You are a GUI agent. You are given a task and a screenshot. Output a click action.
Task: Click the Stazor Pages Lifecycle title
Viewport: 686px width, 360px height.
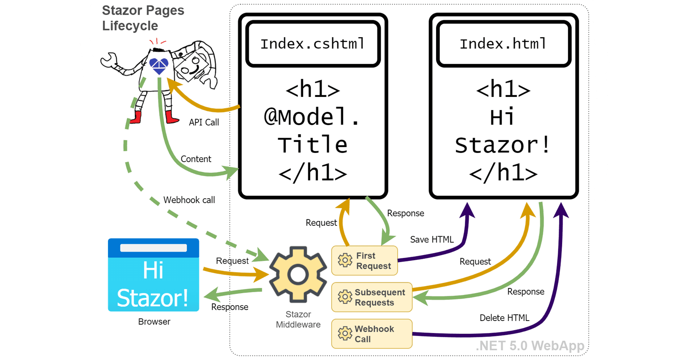143,18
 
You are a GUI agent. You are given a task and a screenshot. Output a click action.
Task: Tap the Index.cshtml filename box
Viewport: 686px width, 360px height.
313,44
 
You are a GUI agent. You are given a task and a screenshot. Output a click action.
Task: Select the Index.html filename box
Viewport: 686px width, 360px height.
503,44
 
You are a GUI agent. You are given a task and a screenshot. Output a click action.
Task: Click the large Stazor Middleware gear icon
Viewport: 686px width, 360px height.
298,274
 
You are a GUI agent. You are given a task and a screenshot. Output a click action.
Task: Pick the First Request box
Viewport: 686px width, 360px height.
364,261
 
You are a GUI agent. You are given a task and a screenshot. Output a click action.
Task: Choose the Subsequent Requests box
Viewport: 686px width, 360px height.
372,297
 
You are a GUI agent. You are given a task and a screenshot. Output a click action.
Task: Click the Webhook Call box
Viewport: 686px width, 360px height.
372,334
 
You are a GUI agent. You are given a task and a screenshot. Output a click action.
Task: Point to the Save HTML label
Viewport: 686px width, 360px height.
432,240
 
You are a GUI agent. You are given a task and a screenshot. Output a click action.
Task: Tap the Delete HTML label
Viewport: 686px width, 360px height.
504,318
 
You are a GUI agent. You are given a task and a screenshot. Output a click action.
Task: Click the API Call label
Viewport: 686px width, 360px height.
204,123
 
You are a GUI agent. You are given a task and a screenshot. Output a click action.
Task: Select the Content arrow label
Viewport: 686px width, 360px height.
196,159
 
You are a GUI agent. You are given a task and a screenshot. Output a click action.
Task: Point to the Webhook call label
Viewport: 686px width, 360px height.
189,200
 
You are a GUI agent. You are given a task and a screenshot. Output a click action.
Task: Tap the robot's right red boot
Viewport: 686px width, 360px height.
171,117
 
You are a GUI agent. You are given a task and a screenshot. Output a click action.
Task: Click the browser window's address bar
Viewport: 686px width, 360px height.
153,248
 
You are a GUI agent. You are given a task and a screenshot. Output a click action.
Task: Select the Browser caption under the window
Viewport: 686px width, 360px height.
154,322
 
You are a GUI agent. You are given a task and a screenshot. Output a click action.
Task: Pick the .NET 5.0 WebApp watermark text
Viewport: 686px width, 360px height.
530,345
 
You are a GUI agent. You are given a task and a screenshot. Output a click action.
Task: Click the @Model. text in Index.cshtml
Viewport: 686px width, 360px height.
313,117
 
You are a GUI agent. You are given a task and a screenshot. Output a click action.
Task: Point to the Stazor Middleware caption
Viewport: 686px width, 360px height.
298,320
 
